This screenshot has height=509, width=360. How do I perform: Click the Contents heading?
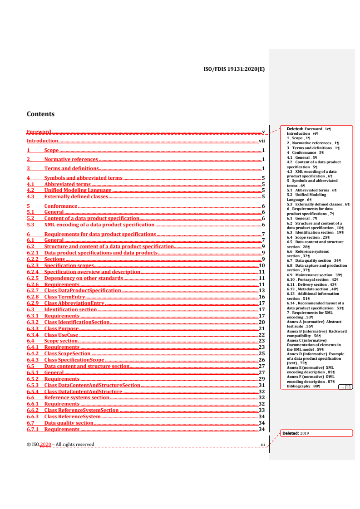coord(41,114)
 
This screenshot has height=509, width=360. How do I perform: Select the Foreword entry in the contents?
coord(39,132)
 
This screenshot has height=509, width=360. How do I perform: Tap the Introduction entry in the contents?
coord(42,141)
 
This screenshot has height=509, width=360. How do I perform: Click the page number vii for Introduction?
coord(261,141)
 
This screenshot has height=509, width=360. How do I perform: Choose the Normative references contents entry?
coord(71,159)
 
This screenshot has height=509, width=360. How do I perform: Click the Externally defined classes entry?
coord(76,197)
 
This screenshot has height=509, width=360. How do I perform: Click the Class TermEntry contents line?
coord(64,297)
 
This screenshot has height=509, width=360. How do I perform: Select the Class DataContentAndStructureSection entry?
coord(92,385)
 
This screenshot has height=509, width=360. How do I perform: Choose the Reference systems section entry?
coord(77,397)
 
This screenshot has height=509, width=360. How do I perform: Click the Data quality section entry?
coord(69,423)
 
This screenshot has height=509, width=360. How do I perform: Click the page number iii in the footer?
coord(262,444)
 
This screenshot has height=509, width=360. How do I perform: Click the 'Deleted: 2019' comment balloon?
coord(316,433)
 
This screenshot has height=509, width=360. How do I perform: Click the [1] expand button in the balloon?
coord(345,387)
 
